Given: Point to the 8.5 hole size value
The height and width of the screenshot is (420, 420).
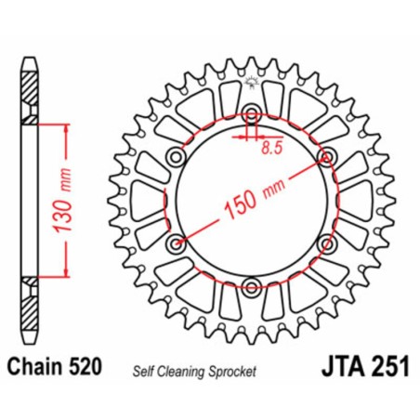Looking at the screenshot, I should point(271,146).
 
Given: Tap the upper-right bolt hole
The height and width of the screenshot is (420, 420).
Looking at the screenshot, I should point(326,155).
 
